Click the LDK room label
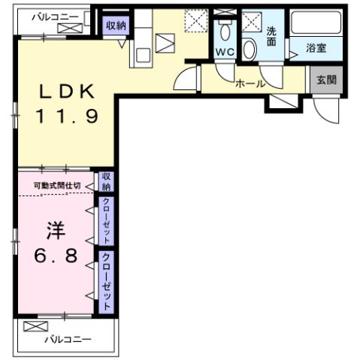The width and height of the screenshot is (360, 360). tap(67, 92)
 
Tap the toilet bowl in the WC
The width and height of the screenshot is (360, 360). tap(225, 32)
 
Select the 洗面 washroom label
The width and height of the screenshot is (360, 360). tap(271, 37)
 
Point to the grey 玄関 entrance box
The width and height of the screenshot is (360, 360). tap(325, 80)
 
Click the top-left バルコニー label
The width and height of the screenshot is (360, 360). tap(55, 15)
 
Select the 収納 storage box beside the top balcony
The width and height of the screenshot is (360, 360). tap(115, 25)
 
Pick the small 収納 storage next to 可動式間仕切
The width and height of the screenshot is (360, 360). tap(107, 181)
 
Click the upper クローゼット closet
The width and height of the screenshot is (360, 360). tap(107, 218)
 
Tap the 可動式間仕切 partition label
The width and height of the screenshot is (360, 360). tap(56, 186)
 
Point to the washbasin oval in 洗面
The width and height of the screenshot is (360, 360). tap(250, 48)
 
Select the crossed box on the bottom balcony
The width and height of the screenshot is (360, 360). tap(35, 327)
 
